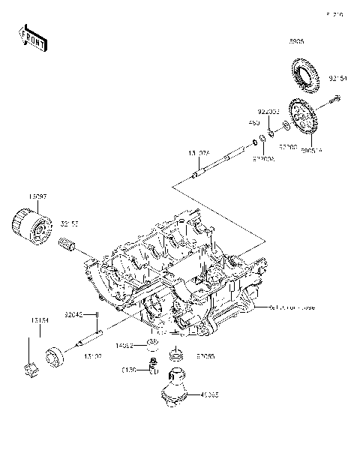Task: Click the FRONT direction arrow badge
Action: [x=34, y=36]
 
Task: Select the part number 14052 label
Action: [x=124, y=346]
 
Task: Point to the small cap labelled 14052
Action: [x=152, y=344]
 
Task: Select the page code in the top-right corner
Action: [x=334, y=14]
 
